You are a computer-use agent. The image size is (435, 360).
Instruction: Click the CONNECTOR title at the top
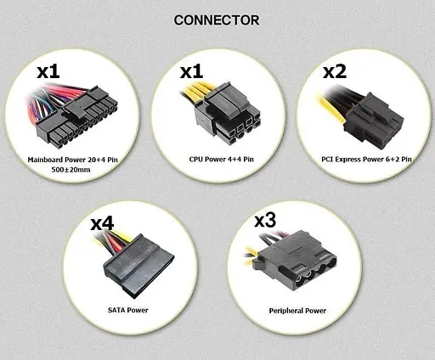click(x=217, y=19)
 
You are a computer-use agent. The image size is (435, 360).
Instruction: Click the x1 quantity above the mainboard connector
click(x=48, y=71)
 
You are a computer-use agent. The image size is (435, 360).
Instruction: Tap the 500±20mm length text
click(x=71, y=170)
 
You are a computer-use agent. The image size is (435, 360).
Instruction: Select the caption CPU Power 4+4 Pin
click(x=217, y=159)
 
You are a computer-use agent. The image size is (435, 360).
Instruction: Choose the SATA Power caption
click(x=126, y=310)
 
